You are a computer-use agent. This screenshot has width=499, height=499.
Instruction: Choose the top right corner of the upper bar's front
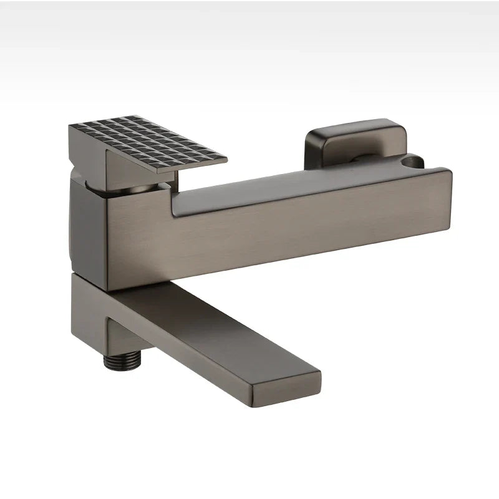[x=450, y=172]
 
